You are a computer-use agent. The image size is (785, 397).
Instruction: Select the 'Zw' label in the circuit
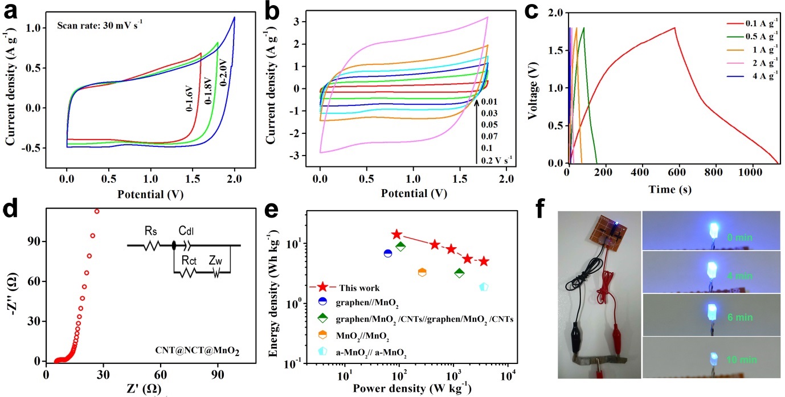(215, 259)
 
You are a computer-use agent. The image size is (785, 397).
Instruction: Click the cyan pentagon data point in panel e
(484, 287)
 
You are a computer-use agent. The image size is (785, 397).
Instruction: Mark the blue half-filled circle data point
(387, 253)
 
